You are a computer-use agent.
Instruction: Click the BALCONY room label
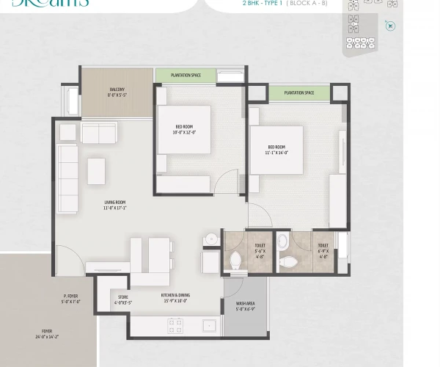pyautogui.click(x=116, y=92)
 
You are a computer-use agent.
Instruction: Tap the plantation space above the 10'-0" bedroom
pyautogui.click(x=186, y=75)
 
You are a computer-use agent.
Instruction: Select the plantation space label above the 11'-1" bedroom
pyautogui.click(x=298, y=92)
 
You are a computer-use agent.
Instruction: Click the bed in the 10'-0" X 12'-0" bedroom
pyautogui.click(x=183, y=130)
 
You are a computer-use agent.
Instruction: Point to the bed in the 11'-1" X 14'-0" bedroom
pyautogui.click(x=276, y=150)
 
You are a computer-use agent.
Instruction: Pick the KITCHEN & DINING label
pyautogui.click(x=175, y=297)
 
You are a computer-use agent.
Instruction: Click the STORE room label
pyautogui.click(x=122, y=299)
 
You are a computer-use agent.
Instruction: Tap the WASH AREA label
pyautogui.click(x=245, y=305)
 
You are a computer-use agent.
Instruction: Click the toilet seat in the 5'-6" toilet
pyautogui.click(x=236, y=261)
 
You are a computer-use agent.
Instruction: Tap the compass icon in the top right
pyautogui.click(x=390, y=25)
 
